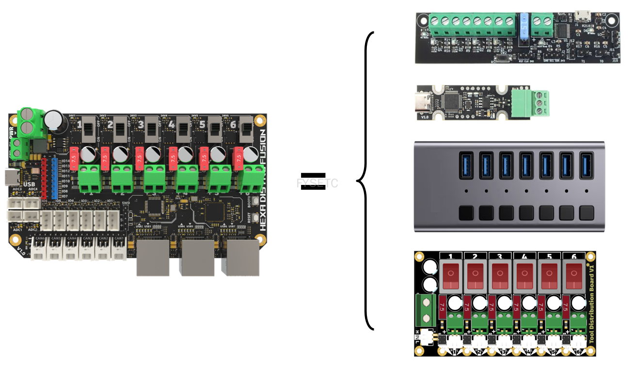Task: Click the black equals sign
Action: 313,180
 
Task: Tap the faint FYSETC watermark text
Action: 317,183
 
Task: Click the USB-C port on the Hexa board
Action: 11,178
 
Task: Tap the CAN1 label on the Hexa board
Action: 119,238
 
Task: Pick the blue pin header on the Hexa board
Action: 54,177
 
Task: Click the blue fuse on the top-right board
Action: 523,30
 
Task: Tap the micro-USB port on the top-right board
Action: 582,16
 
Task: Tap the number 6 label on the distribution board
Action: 575,257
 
